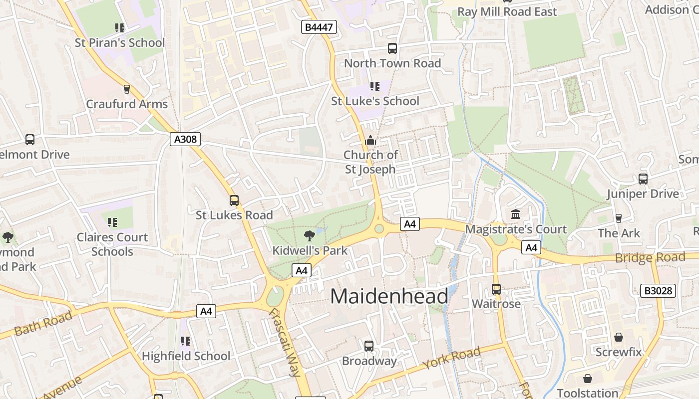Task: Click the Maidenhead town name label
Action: click(389, 296)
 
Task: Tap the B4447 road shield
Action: click(319, 27)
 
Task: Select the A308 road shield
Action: click(185, 139)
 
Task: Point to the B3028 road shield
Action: click(658, 290)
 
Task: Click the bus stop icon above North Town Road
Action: click(392, 48)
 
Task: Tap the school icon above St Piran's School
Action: click(119, 27)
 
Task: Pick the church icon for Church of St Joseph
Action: click(370, 140)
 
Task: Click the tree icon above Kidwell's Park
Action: click(309, 235)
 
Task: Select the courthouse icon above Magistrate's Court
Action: click(516, 214)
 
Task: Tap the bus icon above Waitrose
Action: click(496, 289)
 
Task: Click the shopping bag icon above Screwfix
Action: click(619, 337)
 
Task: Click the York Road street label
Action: click(451, 358)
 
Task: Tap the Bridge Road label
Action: click(650, 258)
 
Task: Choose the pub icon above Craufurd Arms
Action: click(127, 89)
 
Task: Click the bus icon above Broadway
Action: click(369, 346)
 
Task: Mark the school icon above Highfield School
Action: click(186, 341)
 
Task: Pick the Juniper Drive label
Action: click(643, 194)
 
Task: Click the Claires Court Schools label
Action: click(112, 244)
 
